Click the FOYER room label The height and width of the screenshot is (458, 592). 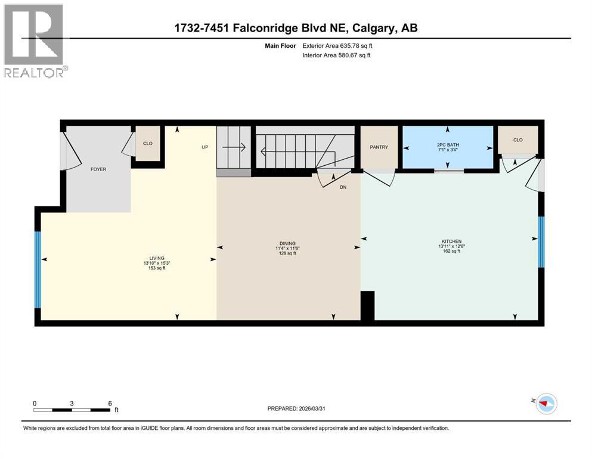click(x=98, y=169)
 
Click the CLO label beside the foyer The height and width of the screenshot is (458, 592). click(x=147, y=143)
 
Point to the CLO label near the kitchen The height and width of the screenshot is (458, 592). click(x=517, y=140)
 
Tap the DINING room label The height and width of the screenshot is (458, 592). click(x=288, y=243)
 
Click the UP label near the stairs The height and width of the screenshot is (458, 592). click(x=204, y=146)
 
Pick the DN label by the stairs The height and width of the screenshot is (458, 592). click(x=343, y=187)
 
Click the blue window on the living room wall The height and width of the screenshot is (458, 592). click(x=38, y=270)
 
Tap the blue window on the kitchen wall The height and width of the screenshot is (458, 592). click(x=541, y=242)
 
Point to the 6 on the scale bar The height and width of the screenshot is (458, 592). click(x=110, y=403)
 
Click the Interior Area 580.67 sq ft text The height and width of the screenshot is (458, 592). click(x=337, y=55)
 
